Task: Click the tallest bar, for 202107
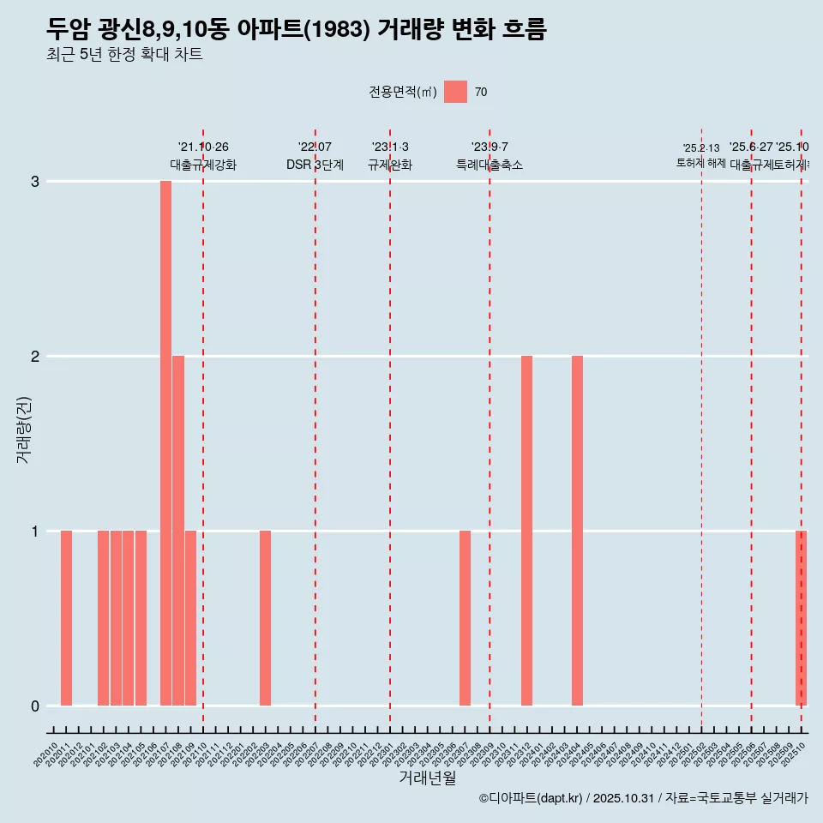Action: click(165, 443)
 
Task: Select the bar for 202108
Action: click(178, 531)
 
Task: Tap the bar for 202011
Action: click(66, 618)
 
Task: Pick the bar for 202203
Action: click(265, 618)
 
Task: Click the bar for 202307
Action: click(465, 618)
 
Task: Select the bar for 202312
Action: click(526, 531)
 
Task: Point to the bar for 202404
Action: click(577, 531)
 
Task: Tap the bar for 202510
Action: click(801, 618)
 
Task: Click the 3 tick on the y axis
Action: click(35, 182)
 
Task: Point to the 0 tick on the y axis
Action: click(35, 706)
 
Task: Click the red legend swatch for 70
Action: click(455, 92)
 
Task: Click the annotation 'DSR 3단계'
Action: click(315, 165)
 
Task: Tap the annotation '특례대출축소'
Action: click(490, 165)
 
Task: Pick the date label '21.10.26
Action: click(203, 147)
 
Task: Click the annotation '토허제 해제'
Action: click(701, 163)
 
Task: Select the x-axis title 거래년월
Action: click(427, 778)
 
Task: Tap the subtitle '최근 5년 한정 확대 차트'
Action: click(124, 56)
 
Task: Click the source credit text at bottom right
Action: click(643, 799)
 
